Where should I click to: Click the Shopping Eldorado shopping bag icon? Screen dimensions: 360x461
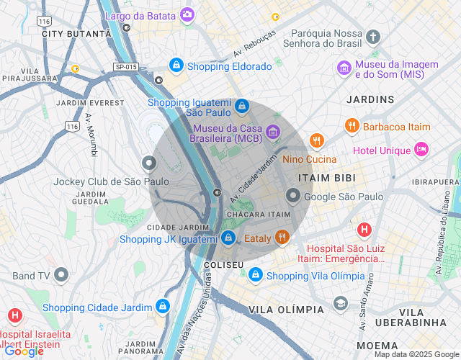176,66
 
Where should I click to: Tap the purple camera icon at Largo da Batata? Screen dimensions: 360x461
187,14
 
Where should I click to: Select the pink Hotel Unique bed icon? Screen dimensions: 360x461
421,150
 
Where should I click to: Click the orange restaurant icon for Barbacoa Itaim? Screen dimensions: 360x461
352,126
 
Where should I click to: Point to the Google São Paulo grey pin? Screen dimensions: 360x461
293,195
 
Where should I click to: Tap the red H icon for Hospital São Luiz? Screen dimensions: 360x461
364,230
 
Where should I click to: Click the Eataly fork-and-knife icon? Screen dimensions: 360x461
282,238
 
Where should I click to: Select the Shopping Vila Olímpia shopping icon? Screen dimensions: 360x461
255,275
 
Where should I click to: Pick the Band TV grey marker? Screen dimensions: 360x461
61,274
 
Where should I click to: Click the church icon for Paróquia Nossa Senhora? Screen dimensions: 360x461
373,37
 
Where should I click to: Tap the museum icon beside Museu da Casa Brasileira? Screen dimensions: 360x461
272,131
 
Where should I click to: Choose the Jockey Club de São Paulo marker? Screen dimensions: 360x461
149,163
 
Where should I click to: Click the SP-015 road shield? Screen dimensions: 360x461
125,68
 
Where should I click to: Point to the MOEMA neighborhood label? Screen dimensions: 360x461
376,346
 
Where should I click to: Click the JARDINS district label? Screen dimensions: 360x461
370,99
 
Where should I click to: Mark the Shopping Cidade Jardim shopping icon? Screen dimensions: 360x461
163,307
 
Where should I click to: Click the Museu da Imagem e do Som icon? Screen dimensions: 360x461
344,68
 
